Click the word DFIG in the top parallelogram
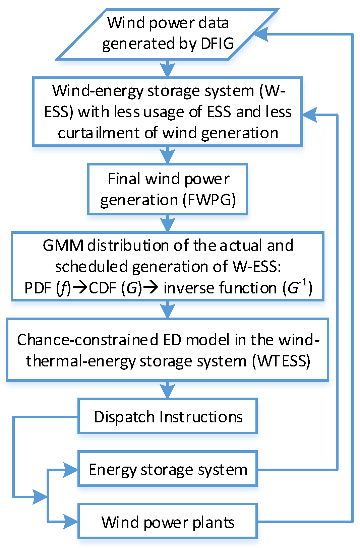[217, 44]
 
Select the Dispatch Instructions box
[168, 416]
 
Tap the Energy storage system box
[168, 469]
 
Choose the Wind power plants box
[168, 522]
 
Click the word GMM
[63, 246]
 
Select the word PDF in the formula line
[38, 288]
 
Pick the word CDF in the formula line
[102, 288]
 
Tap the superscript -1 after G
[303, 283]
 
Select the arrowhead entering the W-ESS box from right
[310, 115]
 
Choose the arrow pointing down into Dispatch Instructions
[168, 390]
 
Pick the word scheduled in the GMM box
[92, 267]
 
